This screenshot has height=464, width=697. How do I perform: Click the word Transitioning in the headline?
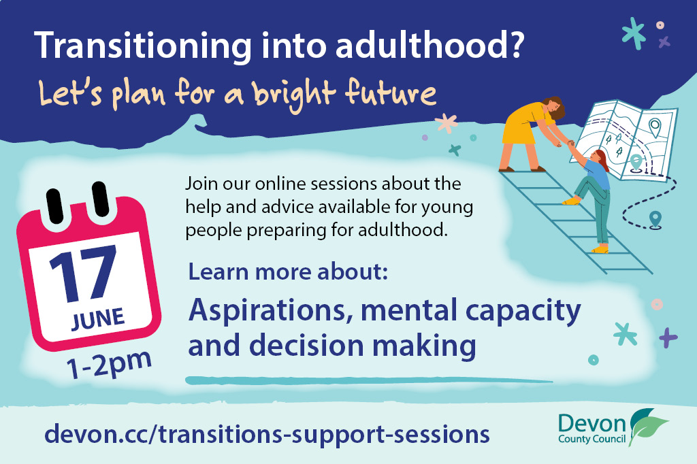[x=143, y=46]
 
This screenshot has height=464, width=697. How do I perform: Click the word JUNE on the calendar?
[x=98, y=319]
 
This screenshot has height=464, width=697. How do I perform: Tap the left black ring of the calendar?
[x=54, y=205]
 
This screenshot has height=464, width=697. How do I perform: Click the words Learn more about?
[x=288, y=271]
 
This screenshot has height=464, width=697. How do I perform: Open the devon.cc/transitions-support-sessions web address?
[x=267, y=434]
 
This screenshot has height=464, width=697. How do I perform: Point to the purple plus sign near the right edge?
[x=668, y=337]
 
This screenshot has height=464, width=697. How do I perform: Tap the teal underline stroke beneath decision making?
[x=369, y=381]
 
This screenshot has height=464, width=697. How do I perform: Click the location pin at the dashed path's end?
[x=655, y=220]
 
